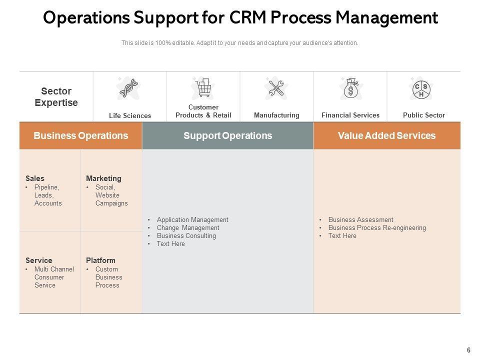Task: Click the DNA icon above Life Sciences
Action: [129, 88]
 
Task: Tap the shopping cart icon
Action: [203, 88]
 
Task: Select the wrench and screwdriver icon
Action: [276, 88]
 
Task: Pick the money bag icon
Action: [350, 89]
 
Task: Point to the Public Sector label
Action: [423, 115]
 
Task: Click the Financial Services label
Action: [350, 115]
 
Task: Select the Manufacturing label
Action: [276, 115]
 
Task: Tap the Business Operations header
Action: [80, 135]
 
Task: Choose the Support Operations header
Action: [227, 135]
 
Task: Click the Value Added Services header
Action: [386, 135]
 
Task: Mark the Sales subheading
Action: [35, 178]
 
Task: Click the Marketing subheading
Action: [103, 178]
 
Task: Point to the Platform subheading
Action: [100, 260]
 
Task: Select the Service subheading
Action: [39, 260]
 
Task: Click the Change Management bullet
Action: [188, 227]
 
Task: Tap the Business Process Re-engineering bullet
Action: [377, 227]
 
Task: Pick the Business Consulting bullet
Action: [186, 235]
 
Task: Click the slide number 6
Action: [468, 350]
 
